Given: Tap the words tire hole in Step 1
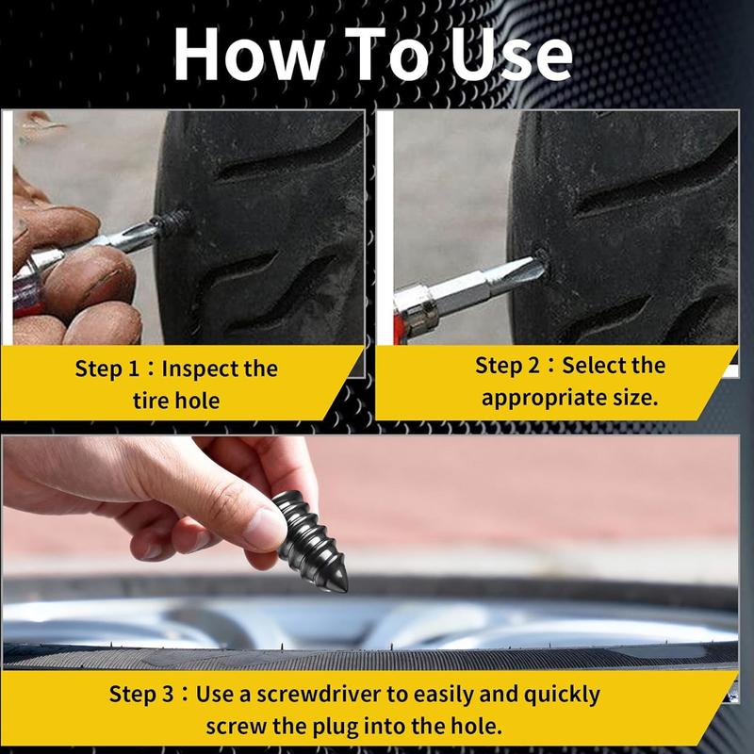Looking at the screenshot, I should pos(175,401).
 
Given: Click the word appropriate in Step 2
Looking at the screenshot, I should pos(541,397).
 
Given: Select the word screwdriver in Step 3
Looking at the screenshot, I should pos(306,695).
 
